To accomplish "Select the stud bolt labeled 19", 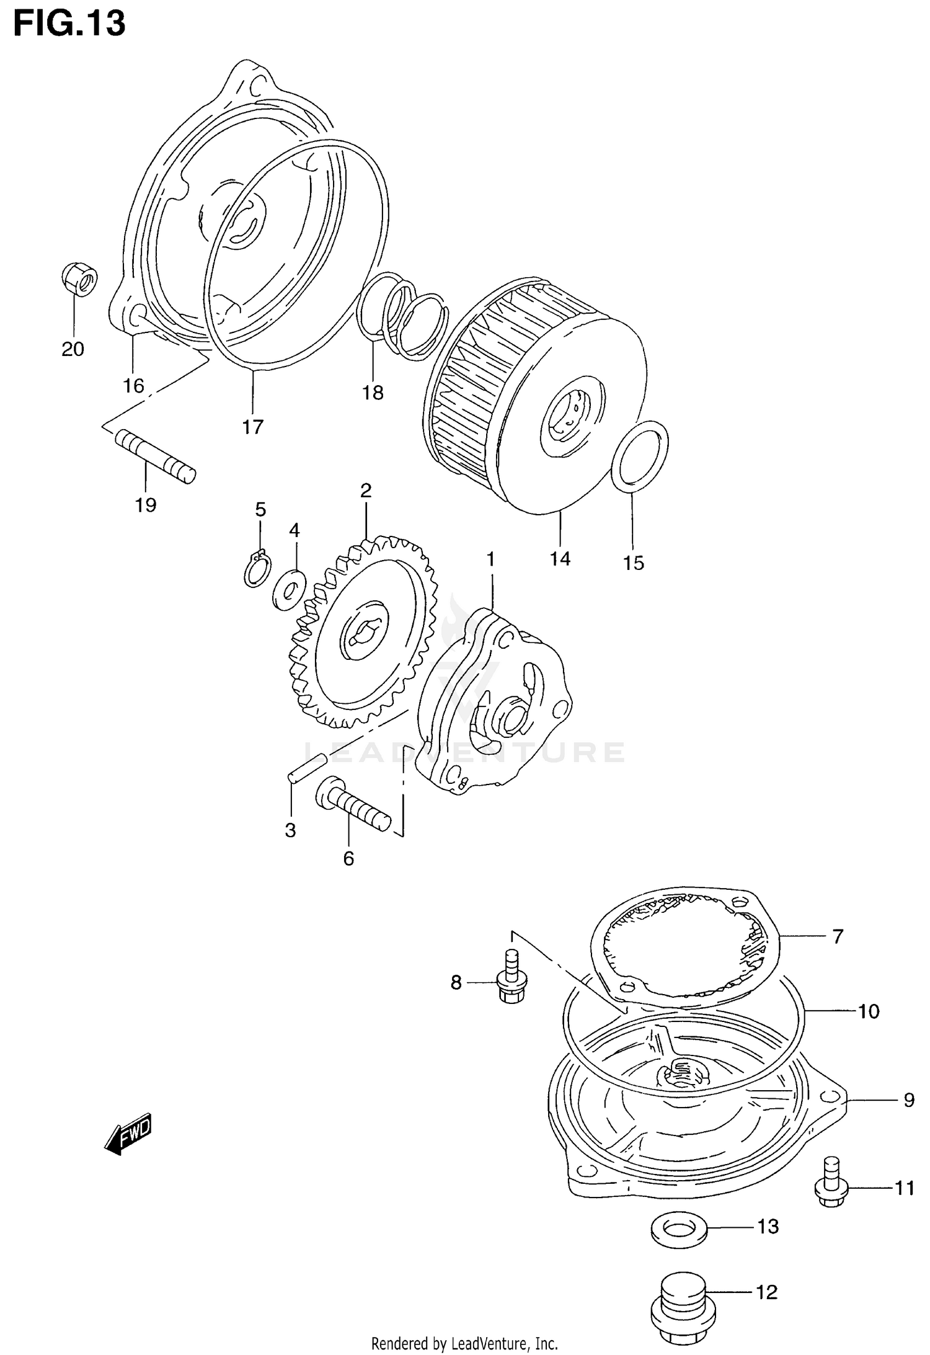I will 155,455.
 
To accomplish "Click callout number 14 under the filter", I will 560,559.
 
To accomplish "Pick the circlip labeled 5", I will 257,568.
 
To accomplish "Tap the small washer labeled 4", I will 288,589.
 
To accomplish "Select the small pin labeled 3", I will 308,768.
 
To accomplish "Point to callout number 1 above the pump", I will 490,559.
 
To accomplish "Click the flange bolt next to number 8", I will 511,983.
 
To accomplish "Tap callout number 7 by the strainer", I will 838,936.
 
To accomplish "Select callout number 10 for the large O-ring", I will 869,1011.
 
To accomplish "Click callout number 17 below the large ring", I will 253,427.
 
